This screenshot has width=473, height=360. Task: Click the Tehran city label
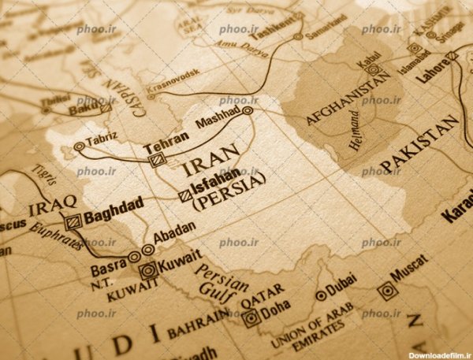tap(166, 136)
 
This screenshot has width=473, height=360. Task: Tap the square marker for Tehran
tap(156, 159)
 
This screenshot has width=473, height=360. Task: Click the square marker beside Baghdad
tap(74, 221)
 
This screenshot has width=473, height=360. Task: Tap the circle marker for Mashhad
tap(248, 111)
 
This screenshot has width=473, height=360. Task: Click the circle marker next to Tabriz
tap(79, 147)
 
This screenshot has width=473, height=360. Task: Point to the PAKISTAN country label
tap(419, 145)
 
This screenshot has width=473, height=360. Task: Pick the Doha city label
tap(275, 307)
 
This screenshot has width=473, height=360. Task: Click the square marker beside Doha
tap(251, 319)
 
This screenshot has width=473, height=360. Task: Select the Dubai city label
tap(341, 288)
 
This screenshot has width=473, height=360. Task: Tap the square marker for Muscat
tap(385, 292)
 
